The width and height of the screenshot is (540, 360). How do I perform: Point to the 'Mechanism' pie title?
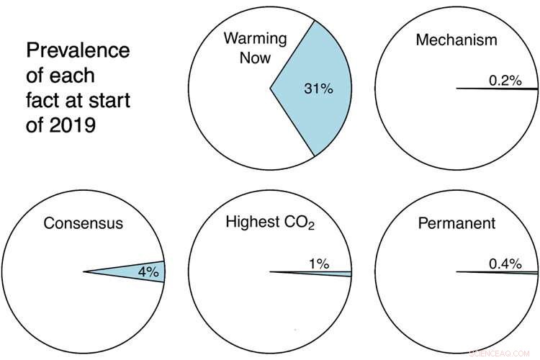coord(456,40)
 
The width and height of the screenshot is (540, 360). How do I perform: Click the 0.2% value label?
coord(505,81)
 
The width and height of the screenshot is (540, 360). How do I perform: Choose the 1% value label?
coord(319,264)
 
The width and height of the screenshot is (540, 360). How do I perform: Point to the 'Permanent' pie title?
coord(456,223)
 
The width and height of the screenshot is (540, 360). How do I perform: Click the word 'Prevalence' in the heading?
coord(78,51)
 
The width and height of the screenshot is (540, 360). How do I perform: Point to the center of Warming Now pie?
coord(270,89)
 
